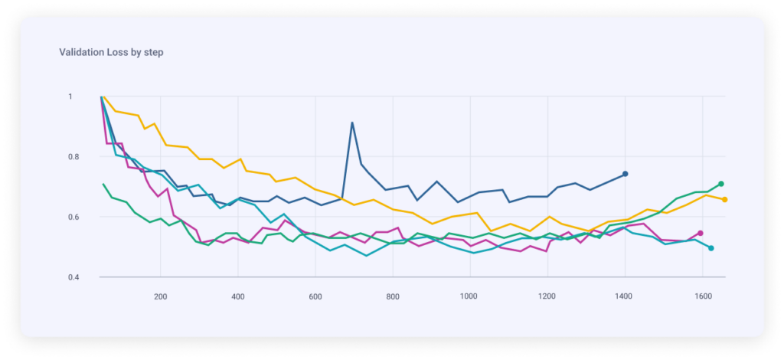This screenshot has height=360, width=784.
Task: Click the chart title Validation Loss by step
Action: [111, 53]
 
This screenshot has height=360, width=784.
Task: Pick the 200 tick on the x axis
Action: [161, 296]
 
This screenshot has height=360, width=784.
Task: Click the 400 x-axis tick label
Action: [238, 296]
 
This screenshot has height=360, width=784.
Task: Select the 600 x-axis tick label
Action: [315, 296]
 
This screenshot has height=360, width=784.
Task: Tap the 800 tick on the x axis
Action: [393, 296]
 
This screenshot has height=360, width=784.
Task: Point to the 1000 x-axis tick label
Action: [469, 296]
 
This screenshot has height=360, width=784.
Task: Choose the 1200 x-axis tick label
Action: [547, 296]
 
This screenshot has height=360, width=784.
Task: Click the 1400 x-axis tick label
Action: [625, 296]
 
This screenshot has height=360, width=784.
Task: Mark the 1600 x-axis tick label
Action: [702, 296]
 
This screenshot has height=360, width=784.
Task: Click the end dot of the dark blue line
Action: [626, 174]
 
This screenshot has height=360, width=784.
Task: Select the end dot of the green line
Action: [721, 184]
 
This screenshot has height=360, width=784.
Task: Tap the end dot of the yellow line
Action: [724, 200]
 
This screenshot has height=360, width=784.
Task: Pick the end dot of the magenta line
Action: [701, 233]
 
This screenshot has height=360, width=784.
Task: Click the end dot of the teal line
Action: [711, 248]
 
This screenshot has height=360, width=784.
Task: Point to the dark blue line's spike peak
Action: [352, 123]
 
